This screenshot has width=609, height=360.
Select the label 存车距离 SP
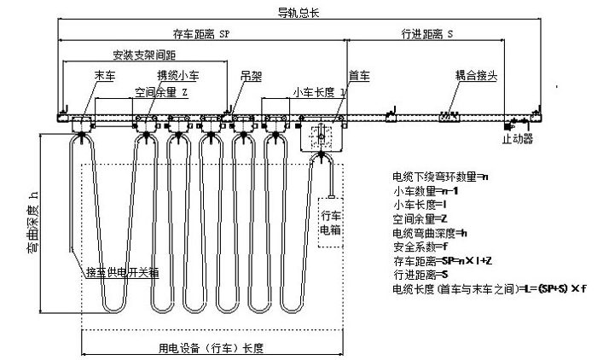(x=201, y=34)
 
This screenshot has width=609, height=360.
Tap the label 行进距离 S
(x=426, y=34)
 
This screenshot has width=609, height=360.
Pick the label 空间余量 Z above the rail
(x=161, y=91)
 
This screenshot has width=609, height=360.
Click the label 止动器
(x=519, y=136)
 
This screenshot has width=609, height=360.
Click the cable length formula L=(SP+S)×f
(x=490, y=290)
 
